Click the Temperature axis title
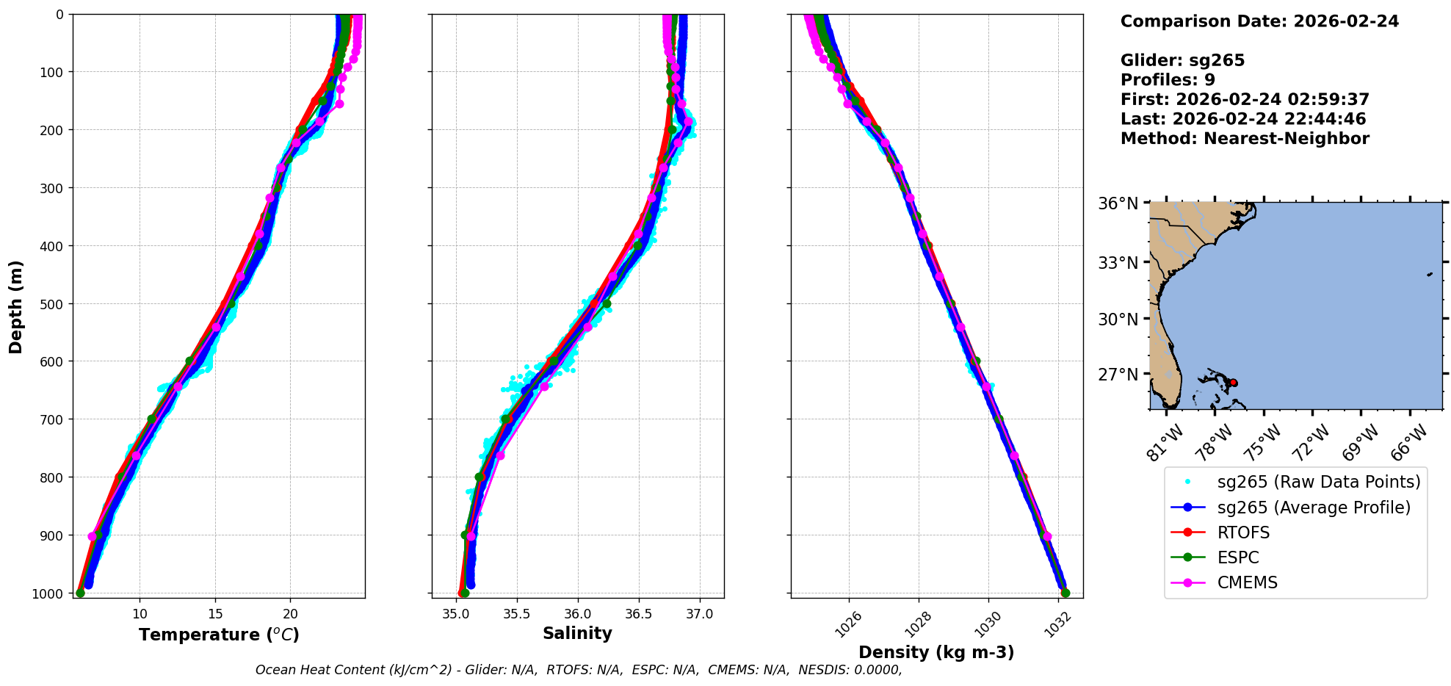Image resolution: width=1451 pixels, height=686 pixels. (219, 635)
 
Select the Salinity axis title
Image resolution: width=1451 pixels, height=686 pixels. (577, 633)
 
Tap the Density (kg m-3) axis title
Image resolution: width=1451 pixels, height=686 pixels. (936, 652)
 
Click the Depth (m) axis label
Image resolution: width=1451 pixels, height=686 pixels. (16, 306)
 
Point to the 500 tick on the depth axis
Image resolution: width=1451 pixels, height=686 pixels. (51, 304)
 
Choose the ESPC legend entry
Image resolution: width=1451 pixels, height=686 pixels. (1238, 557)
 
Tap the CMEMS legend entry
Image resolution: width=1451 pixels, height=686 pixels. (1247, 582)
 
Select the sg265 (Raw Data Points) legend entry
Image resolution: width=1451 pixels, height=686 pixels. (1318, 482)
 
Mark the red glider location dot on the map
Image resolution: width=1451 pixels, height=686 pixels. (1234, 383)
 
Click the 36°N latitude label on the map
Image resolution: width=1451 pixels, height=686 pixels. (1118, 203)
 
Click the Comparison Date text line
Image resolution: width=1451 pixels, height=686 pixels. (1259, 21)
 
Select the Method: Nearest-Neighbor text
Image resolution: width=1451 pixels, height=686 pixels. (1245, 139)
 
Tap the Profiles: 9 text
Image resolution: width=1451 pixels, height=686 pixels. (1168, 80)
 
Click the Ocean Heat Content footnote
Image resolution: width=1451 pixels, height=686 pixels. (579, 670)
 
